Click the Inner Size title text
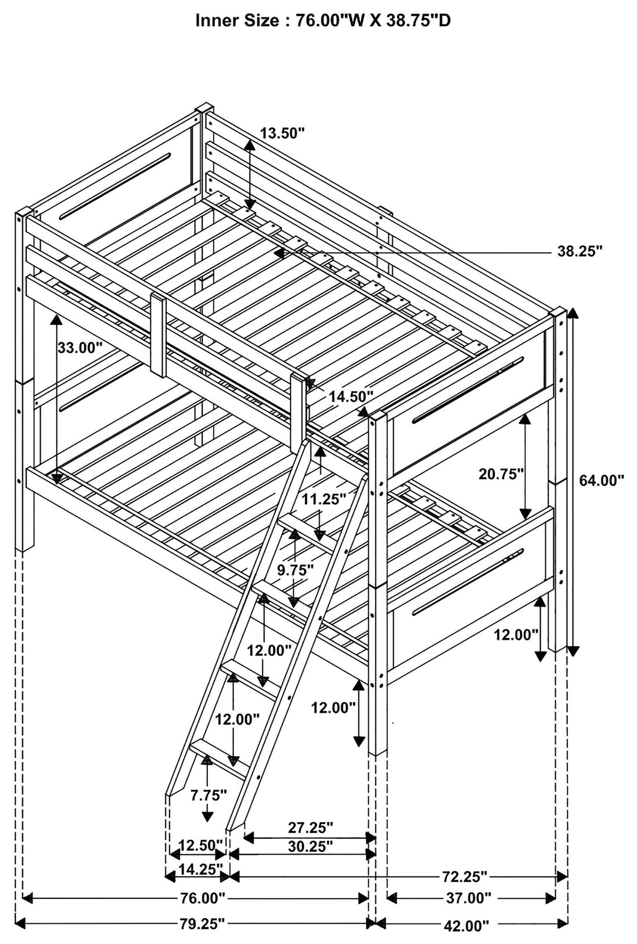tap(323, 21)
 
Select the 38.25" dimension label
tap(579, 251)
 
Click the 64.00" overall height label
tap(601, 480)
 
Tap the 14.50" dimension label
tap(351, 396)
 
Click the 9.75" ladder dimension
tap(295, 570)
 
